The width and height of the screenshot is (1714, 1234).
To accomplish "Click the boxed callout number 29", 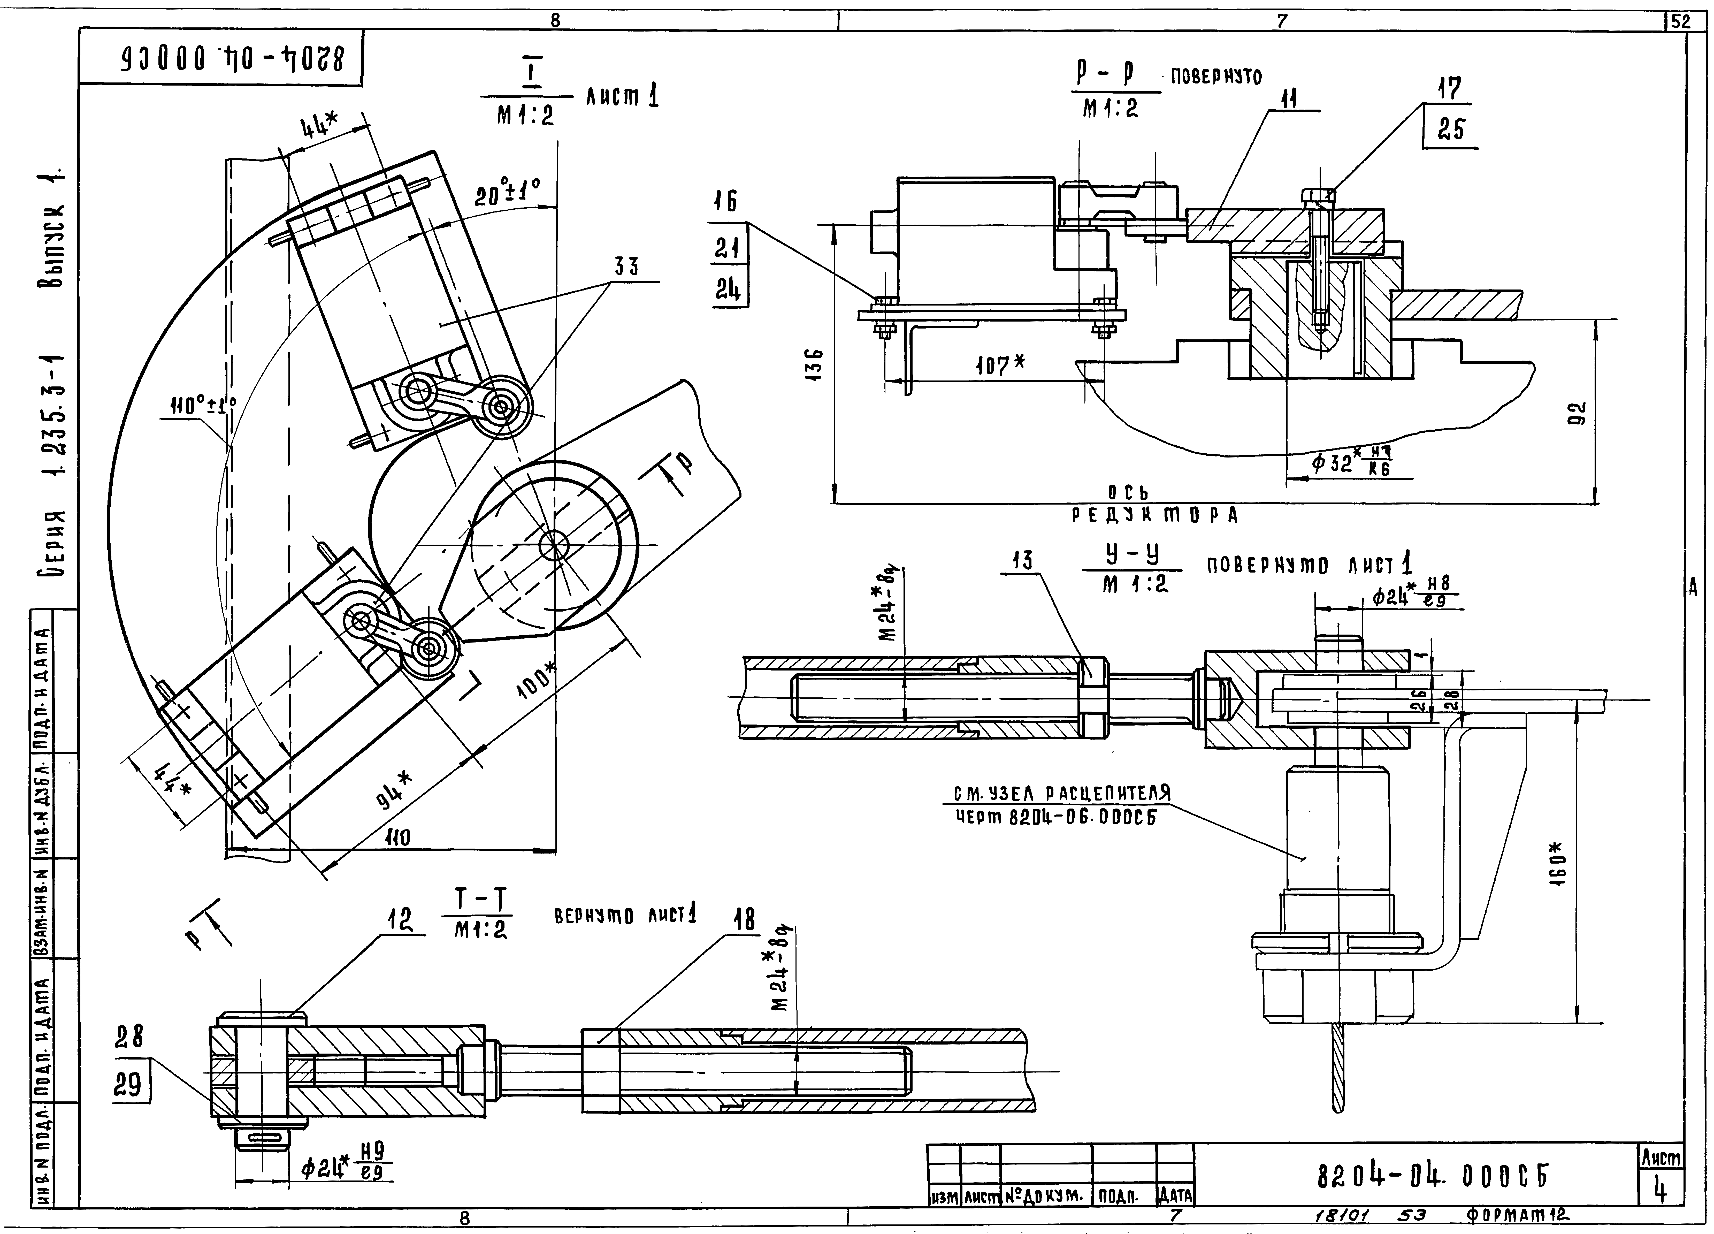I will (x=128, y=1085).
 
